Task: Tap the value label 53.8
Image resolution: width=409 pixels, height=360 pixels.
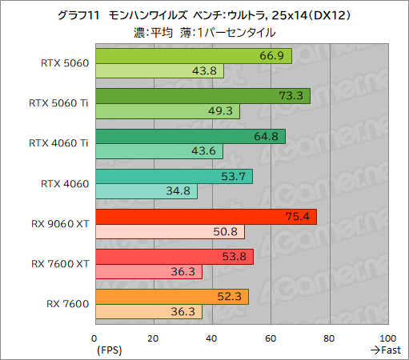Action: coord(239,257)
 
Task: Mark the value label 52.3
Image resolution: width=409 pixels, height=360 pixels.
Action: coord(234,297)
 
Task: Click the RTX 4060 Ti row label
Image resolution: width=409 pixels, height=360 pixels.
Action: coord(58,144)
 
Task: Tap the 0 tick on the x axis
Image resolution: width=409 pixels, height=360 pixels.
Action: coord(95,338)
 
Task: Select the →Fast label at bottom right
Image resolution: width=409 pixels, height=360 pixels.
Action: coord(387,350)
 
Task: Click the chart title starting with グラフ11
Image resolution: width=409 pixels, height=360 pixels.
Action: coord(205,14)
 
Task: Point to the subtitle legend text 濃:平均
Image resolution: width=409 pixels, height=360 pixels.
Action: coord(155,33)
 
